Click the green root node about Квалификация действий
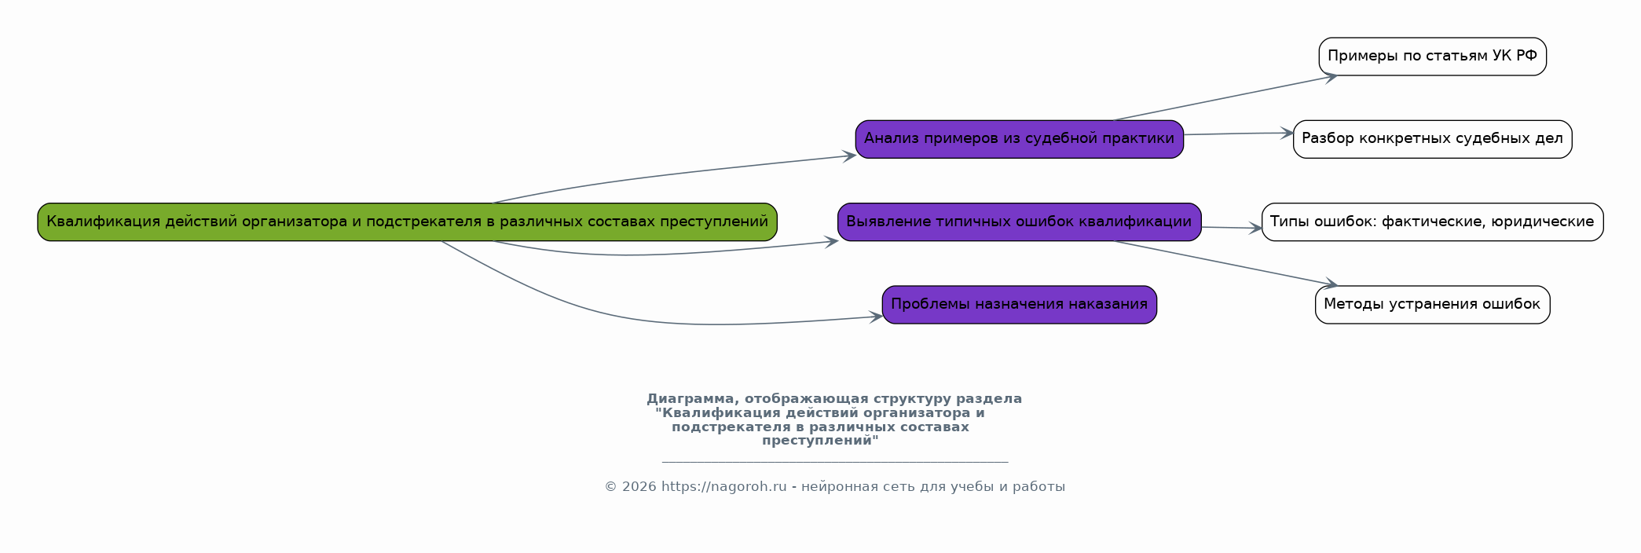(x=407, y=222)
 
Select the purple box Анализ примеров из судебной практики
(x=1019, y=139)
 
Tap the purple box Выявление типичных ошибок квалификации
(x=1019, y=222)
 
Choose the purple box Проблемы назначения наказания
(x=1019, y=305)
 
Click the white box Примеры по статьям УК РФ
(x=1432, y=57)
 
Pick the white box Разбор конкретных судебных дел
(x=1432, y=139)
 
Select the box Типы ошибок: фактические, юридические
(x=1432, y=222)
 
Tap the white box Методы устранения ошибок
(x=1432, y=305)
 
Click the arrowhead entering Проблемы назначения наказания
(x=876, y=317)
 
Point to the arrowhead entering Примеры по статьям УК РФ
(x=1331, y=76)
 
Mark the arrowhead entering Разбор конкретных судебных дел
(x=1286, y=133)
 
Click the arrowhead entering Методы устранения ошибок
(x=1331, y=284)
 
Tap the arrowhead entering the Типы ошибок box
(x=1255, y=229)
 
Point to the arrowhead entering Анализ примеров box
(x=849, y=156)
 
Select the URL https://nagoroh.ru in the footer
(x=723, y=487)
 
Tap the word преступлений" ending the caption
(x=820, y=441)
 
